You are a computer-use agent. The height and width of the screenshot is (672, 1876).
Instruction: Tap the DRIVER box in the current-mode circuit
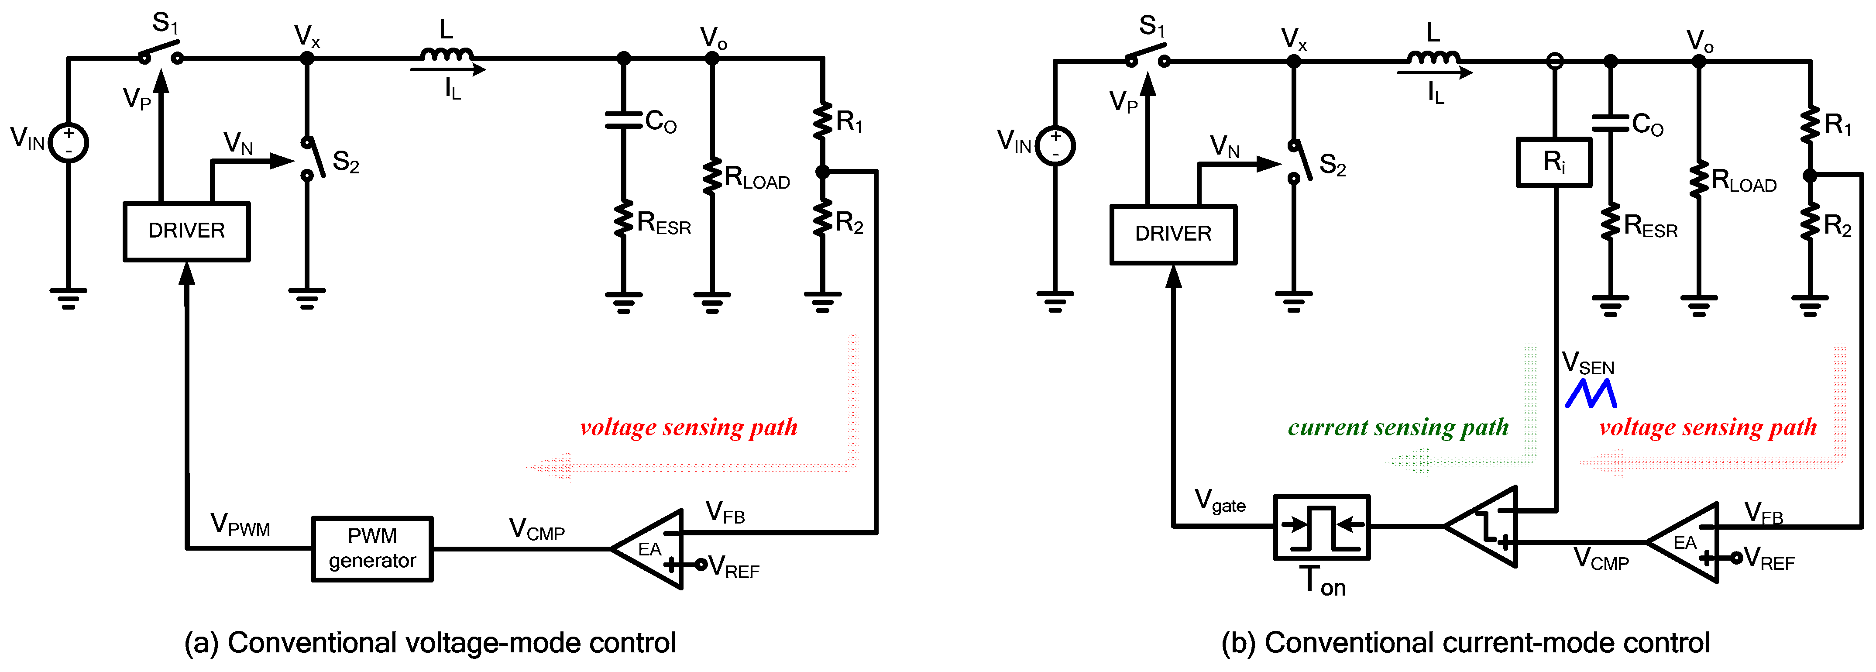tap(1172, 234)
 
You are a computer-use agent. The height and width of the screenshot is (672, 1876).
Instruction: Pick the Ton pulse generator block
tap(1321, 527)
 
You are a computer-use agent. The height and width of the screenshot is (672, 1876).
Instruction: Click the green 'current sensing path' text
tap(1398, 427)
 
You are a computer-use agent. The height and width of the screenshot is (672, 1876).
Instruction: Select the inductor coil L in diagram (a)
tap(447, 55)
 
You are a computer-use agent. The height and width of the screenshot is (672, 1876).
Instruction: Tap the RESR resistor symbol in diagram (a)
tap(623, 219)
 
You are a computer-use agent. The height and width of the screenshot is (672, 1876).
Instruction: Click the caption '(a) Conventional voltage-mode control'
tap(429, 643)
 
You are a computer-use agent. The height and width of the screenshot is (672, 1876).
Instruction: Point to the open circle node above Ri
tap(1554, 61)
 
